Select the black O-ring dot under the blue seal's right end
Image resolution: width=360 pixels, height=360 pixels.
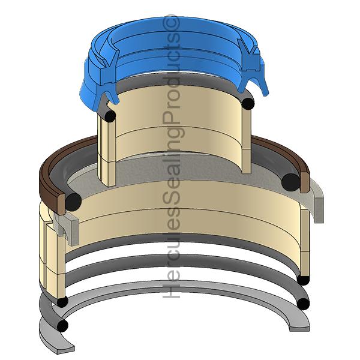pos(248,103)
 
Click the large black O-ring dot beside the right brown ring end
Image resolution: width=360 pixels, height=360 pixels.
pos(291,181)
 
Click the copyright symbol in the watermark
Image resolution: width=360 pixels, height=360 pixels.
pos(172,22)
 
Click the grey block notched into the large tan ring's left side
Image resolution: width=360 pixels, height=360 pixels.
pos(67,227)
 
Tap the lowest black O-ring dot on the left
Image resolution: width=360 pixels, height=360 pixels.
pos(62,326)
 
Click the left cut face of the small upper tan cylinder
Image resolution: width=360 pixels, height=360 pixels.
pos(106,150)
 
